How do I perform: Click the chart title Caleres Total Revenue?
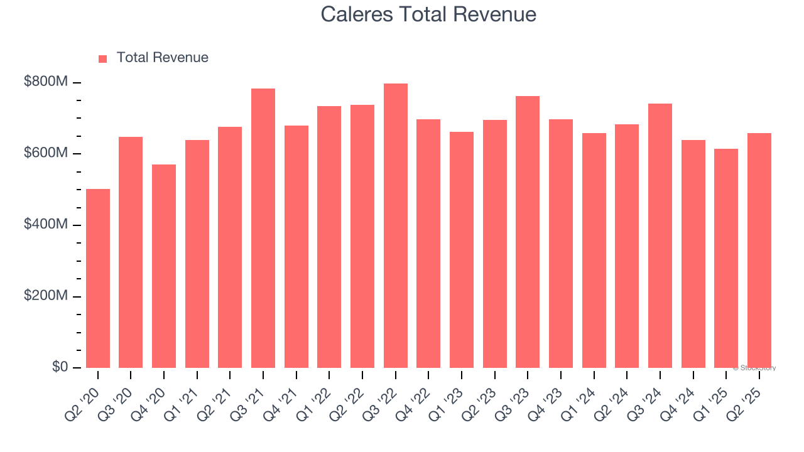click(x=428, y=14)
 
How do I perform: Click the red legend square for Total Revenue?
click(x=103, y=58)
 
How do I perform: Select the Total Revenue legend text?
click(x=162, y=58)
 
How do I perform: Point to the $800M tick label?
click(x=46, y=82)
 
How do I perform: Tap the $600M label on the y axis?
click(x=46, y=153)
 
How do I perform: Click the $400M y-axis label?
click(x=46, y=224)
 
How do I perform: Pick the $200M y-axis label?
click(x=46, y=296)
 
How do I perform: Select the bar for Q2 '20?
click(x=98, y=278)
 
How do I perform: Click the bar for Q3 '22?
click(x=396, y=225)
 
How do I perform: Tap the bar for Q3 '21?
click(x=263, y=228)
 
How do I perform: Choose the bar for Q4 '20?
click(x=164, y=266)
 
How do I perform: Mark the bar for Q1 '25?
click(x=726, y=258)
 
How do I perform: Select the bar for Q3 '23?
click(x=528, y=232)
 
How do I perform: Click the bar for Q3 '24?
click(x=660, y=235)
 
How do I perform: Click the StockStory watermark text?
click(x=754, y=368)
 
